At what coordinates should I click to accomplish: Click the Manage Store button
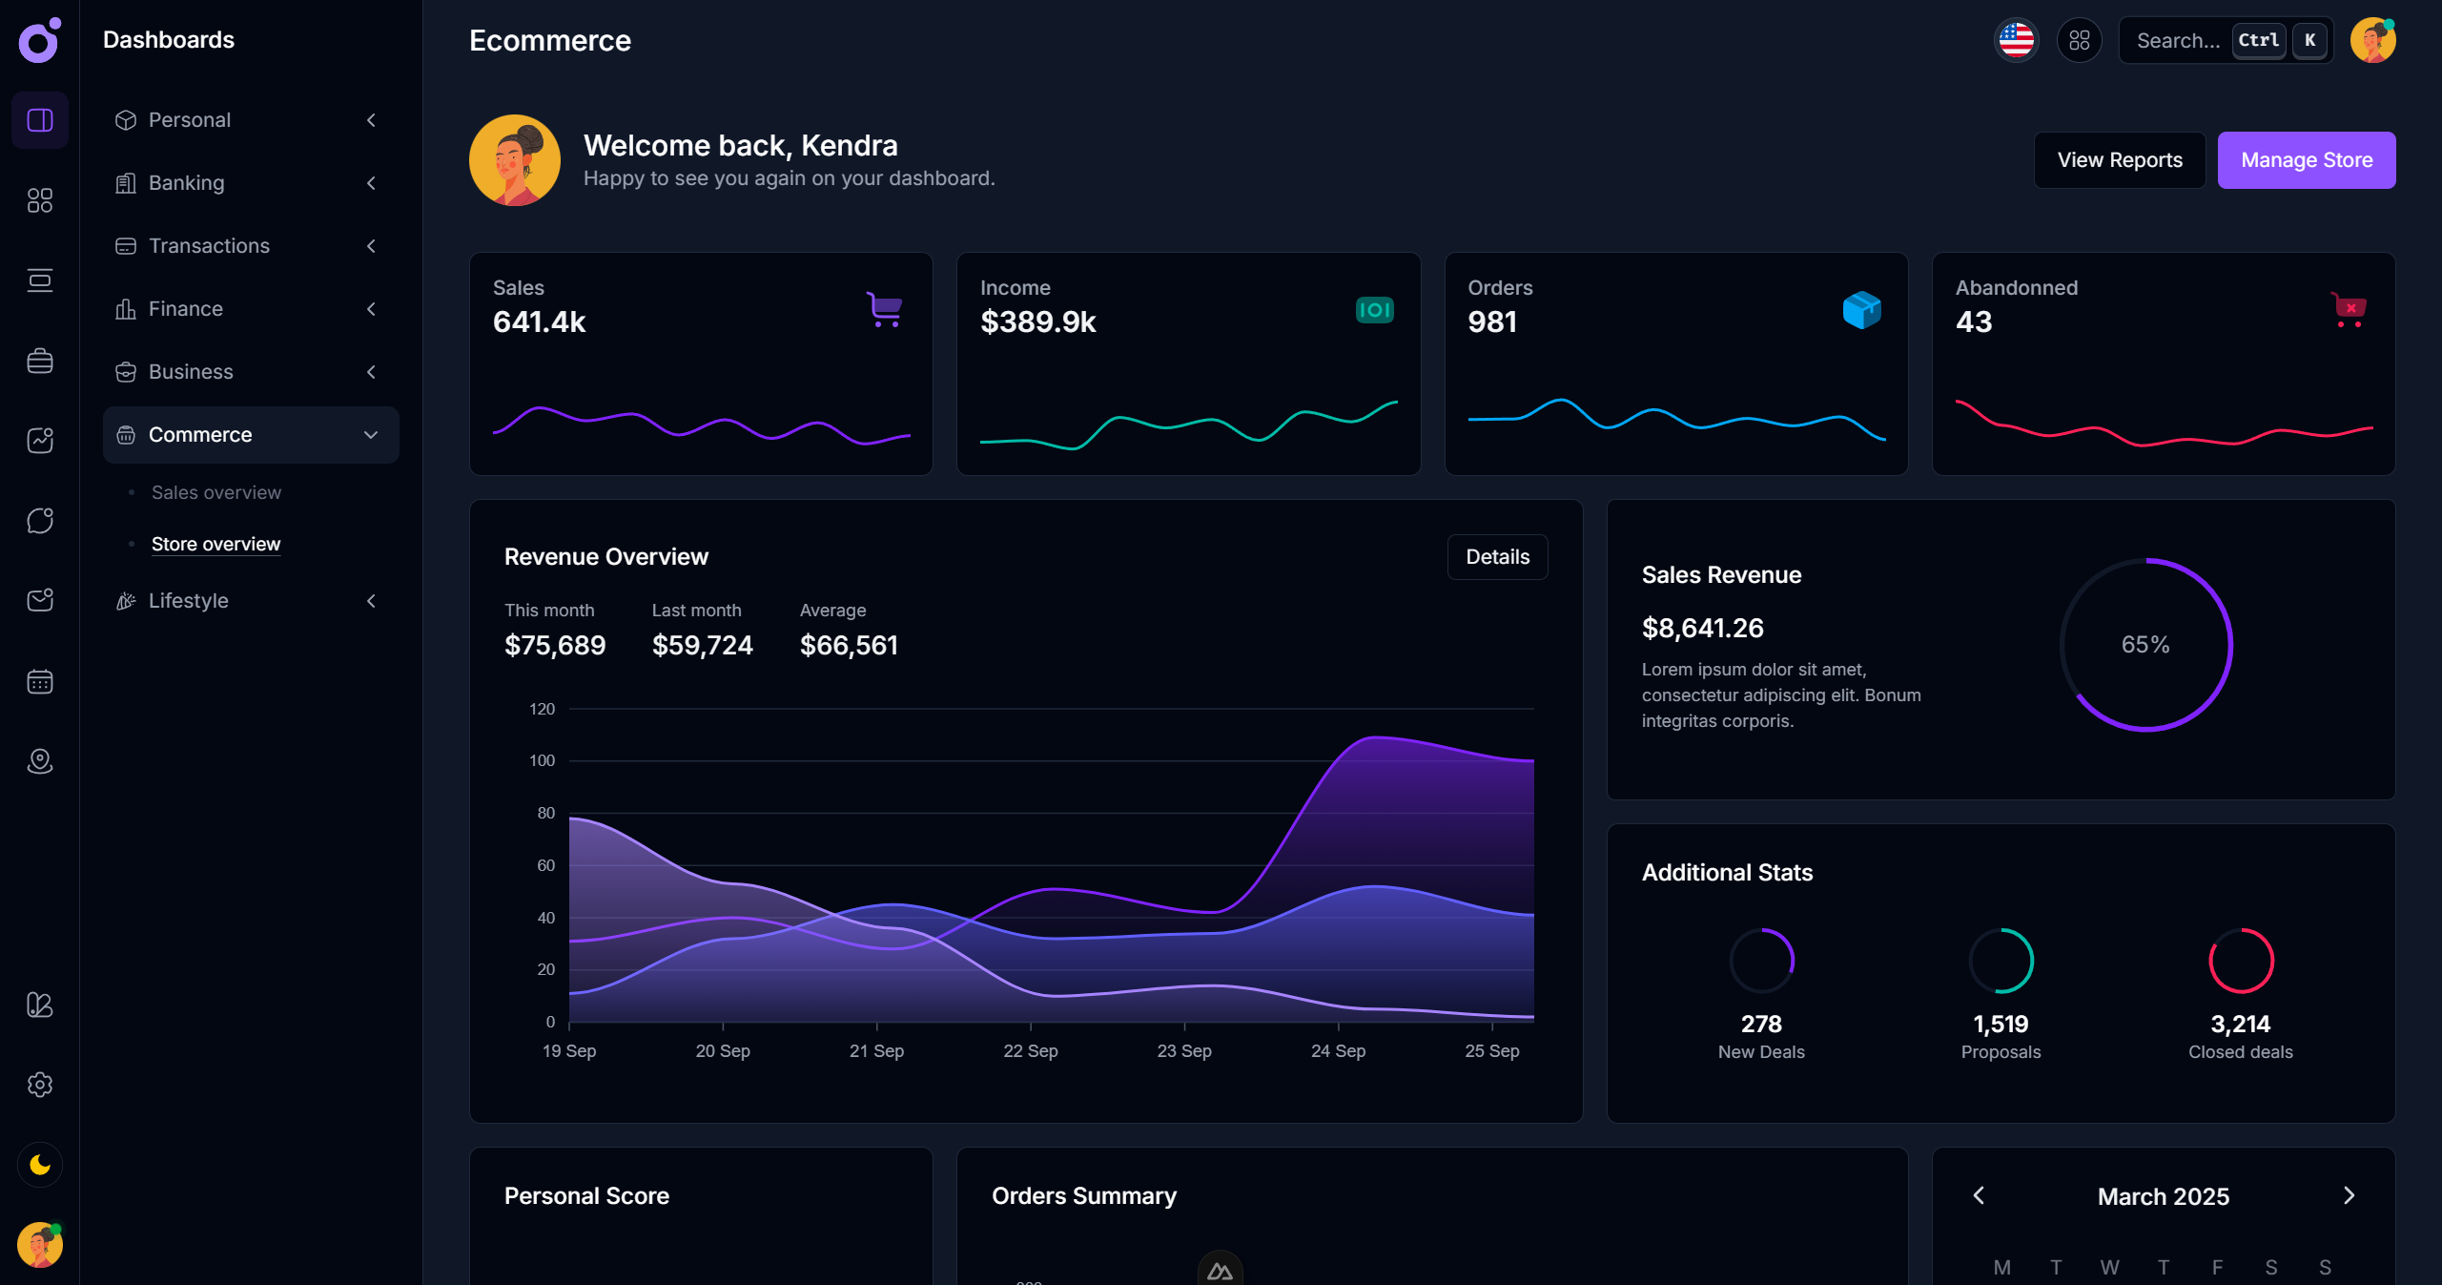2306,160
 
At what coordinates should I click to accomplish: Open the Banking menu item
187,183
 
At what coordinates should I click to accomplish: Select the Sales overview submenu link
216,492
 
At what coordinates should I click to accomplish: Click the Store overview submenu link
216,544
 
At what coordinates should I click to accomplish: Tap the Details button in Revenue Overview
1497,557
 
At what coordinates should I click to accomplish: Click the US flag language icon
2016,41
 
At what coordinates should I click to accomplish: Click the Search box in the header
2179,41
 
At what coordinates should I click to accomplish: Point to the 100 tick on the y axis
542,760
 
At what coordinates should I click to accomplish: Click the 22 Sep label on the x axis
1030,1050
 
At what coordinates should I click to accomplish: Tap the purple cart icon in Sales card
885,309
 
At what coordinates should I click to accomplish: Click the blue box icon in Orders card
1861,309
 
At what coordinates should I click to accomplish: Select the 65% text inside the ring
2145,645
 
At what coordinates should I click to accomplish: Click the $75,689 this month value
555,646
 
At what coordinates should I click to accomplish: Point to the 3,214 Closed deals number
2240,1024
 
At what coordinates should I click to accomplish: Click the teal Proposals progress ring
2001,961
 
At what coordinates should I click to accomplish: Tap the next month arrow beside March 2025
2349,1195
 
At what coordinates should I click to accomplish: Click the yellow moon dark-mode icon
40,1165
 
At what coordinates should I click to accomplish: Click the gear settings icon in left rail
40,1085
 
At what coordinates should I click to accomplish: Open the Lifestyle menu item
189,601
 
